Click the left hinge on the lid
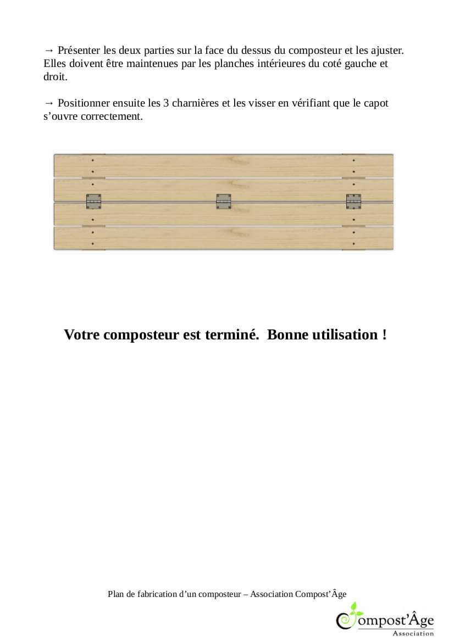point(93,202)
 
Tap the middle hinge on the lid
point(223,202)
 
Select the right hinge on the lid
point(353,202)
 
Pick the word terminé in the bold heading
point(231,334)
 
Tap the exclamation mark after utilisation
point(384,334)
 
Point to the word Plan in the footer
point(116,594)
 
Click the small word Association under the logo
point(413,633)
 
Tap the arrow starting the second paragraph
point(49,103)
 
